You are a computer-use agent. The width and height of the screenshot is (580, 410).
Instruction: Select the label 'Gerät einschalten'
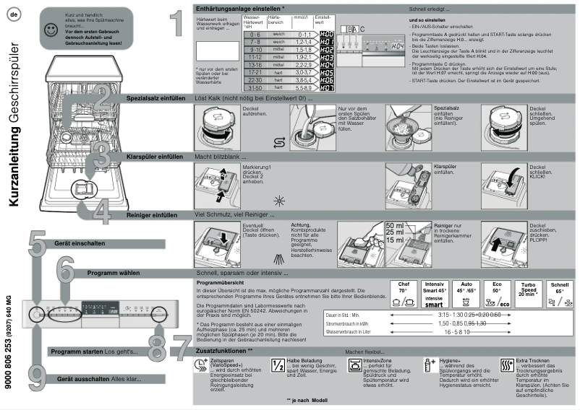coord(77,243)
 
